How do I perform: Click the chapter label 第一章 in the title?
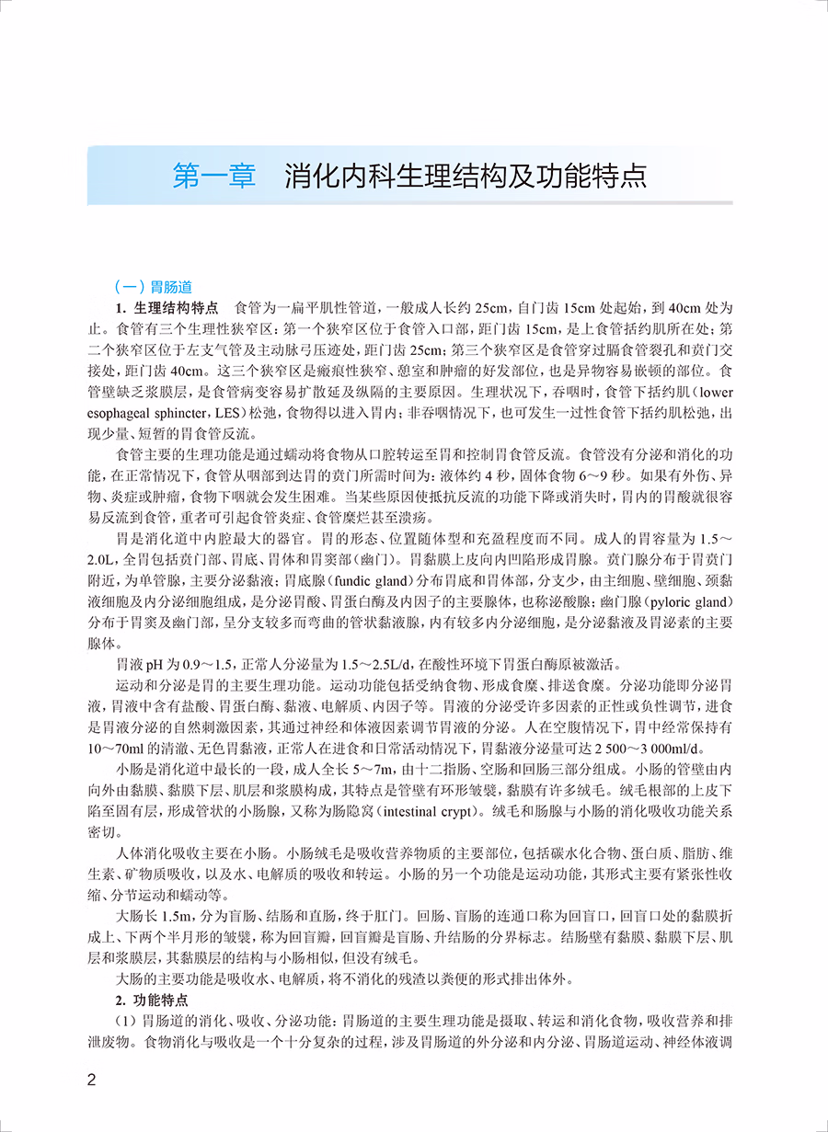click(213, 175)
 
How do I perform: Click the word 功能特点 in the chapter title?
click(593, 175)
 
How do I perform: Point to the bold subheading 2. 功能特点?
click(152, 1001)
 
